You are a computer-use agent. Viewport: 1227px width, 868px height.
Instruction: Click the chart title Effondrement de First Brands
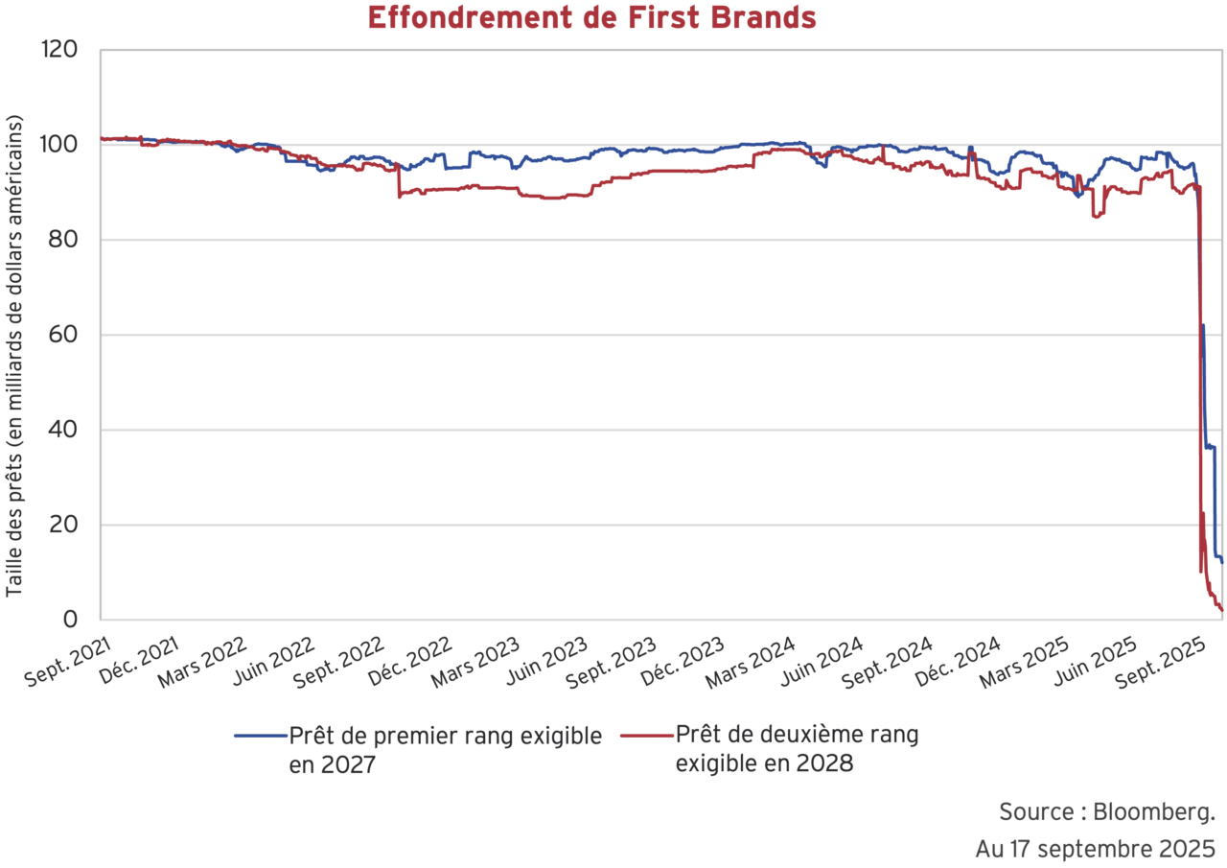point(591,17)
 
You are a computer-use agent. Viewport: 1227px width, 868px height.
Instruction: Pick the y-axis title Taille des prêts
point(14,357)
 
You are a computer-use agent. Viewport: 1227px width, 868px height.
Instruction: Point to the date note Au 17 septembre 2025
point(1096,850)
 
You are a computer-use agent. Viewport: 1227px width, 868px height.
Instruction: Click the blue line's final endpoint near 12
point(1222,563)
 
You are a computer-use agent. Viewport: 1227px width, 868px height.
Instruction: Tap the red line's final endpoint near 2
point(1222,610)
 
